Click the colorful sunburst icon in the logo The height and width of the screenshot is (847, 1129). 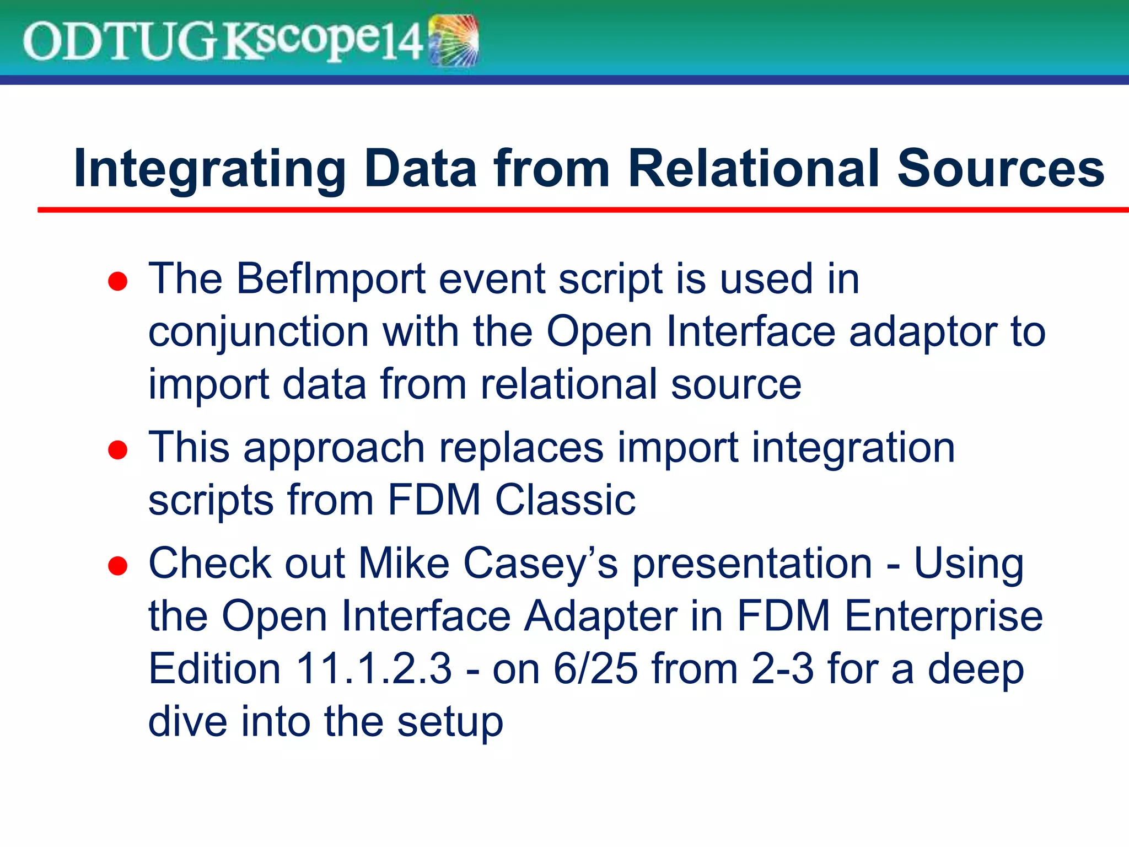(453, 41)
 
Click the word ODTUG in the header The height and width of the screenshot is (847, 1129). (119, 42)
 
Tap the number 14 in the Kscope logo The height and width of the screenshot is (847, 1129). (401, 42)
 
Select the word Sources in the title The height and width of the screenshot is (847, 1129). (1000, 169)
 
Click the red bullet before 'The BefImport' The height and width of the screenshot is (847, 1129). (118, 282)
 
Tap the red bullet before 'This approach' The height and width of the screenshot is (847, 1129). (118, 450)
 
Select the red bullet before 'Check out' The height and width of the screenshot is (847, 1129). (118, 566)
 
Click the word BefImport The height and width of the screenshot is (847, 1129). (331, 279)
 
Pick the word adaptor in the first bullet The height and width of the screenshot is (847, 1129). (923, 332)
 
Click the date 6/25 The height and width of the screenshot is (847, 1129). (595, 669)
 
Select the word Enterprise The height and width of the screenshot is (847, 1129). (943, 617)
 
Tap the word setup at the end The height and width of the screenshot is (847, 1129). (450, 723)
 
